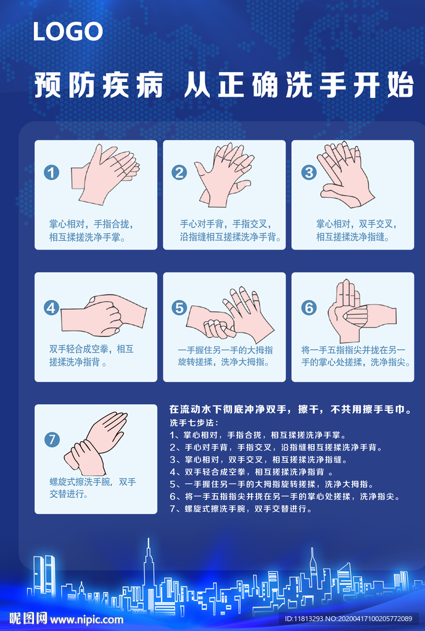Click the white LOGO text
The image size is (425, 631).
click(68, 31)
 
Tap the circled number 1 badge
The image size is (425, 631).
click(52, 173)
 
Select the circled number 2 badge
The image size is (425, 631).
click(179, 173)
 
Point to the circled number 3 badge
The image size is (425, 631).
click(309, 173)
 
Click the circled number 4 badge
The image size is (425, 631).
click(52, 308)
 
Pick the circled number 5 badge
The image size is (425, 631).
click(179, 308)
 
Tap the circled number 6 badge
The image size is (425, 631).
click(309, 308)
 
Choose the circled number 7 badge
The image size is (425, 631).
click(52, 439)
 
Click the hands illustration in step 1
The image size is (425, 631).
click(105, 174)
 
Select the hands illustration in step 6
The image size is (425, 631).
click(361, 311)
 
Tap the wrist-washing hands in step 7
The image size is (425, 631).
click(96, 443)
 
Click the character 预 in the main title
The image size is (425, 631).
click(47, 85)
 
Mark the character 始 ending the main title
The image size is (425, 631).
click(400, 85)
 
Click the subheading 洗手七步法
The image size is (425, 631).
click(194, 423)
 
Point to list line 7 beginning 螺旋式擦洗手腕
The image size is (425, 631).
click(241, 508)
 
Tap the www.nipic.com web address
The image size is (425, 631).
click(86, 619)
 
